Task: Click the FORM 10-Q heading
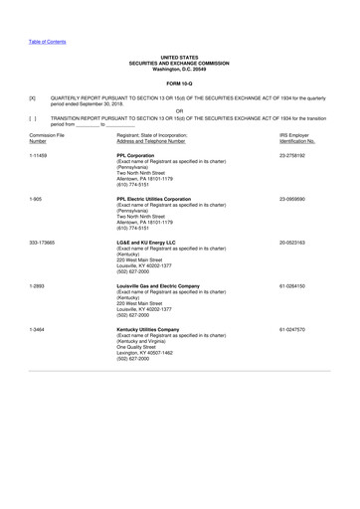tap(179, 83)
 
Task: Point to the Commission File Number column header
tap(47, 137)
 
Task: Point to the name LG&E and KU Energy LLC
tap(152, 242)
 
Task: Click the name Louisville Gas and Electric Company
tap(166, 285)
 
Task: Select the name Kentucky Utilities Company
tap(154, 328)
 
